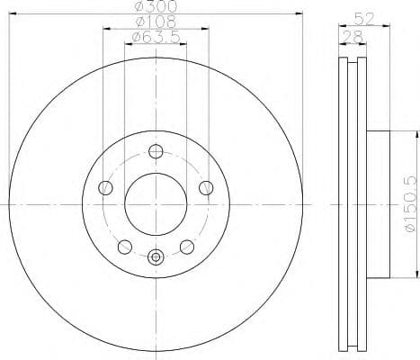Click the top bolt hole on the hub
[x=156, y=151]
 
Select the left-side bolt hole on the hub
[x=105, y=188]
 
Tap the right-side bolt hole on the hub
[x=207, y=187]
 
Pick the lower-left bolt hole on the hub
[x=125, y=247]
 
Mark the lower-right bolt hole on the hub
[x=187, y=247]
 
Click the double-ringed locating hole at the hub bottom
[x=156, y=257]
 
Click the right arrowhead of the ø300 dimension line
[x=300, y=13]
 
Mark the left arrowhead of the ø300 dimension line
[x=12, y=13]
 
